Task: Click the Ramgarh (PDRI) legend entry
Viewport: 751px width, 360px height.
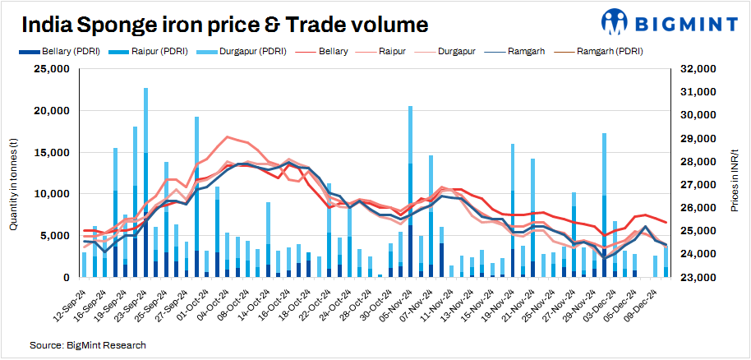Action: point(609,51)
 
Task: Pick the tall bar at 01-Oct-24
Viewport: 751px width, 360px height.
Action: point(197,197)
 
